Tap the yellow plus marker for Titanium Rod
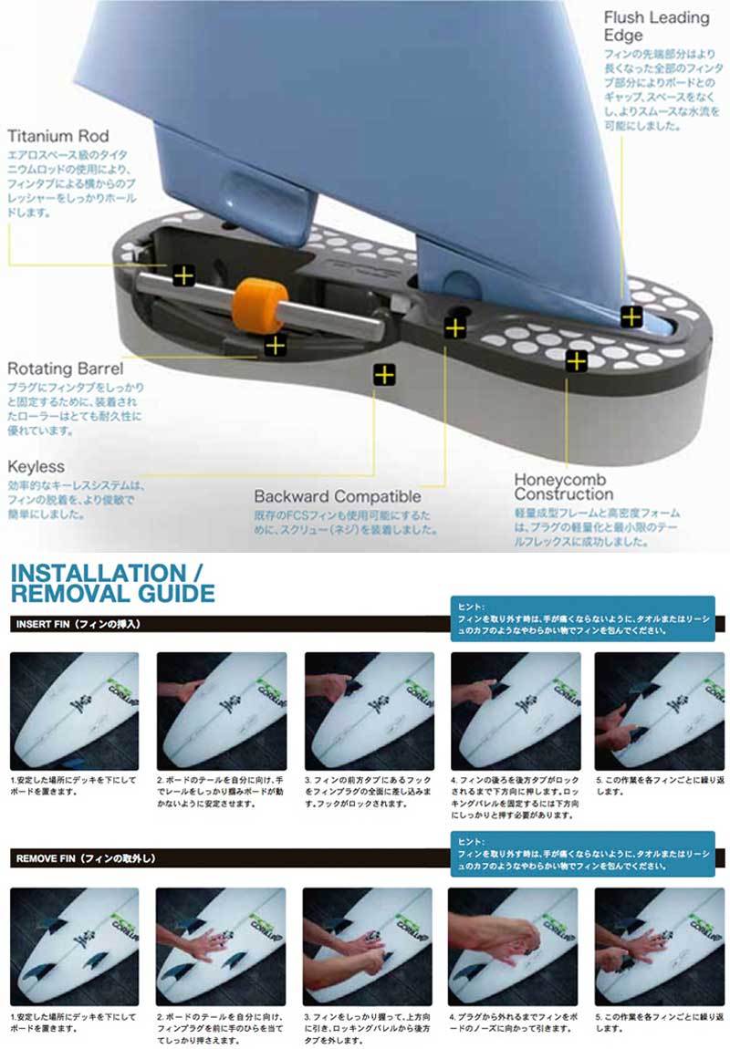(x=183, y=275)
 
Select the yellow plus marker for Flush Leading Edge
(x=631, y=317)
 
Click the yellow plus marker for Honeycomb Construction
(x=576, y=360)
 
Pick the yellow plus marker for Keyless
(x=384, y=374)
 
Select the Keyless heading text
(x=36, y=466)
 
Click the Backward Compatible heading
(x=337, y=497)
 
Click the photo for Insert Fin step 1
(x=73, y=711)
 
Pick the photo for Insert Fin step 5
(x=660, y=711)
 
